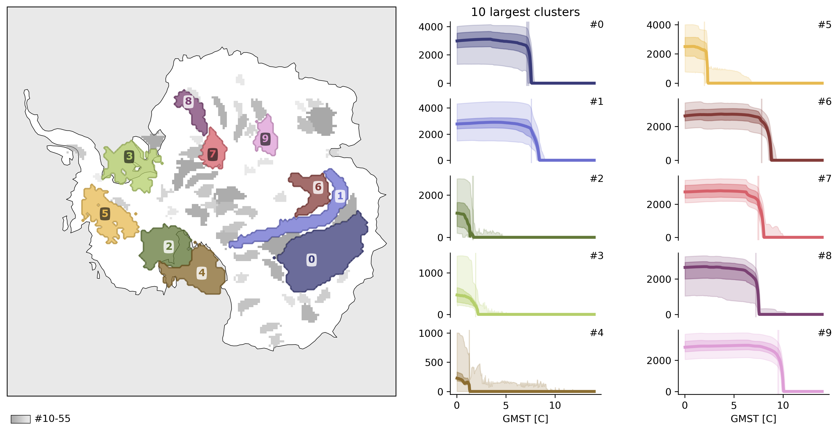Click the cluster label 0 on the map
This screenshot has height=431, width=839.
311,259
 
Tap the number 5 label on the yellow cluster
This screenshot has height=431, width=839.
105,214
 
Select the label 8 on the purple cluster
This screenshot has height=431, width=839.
188,101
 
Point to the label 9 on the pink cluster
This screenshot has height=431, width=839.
265,139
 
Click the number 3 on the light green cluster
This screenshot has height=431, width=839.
129,157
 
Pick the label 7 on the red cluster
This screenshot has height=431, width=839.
212,154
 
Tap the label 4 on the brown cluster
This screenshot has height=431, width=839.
202,272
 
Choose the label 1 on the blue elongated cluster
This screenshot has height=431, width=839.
340,196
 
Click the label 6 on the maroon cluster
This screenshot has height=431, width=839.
318,187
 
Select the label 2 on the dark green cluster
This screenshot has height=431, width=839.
169,247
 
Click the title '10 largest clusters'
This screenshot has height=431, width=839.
525,12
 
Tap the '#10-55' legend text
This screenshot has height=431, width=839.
52,419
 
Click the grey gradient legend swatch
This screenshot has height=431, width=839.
20,419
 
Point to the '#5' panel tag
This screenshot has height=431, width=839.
825,25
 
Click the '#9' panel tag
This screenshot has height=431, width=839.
825,333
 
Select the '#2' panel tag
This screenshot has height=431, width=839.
597,179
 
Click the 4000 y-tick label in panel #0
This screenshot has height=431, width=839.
431,27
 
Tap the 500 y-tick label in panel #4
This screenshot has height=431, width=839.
434,362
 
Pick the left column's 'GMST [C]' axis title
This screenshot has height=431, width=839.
525,419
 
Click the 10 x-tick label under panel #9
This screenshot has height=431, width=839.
783,405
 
